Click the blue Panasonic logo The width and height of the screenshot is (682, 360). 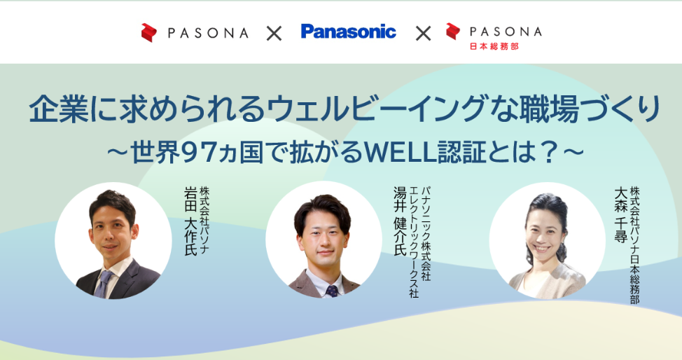click(x=349, y=32)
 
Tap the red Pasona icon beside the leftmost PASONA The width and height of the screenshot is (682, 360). click(x=148, y=33)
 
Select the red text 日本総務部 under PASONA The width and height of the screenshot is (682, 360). click(x=494, y=46)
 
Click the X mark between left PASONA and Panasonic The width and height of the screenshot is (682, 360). click(x=274, y=33)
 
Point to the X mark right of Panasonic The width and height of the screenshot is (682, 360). click(x=423, y=33)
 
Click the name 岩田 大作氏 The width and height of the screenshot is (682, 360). click(x=190, y=221)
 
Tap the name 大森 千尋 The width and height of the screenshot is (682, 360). click(x=620, y=215)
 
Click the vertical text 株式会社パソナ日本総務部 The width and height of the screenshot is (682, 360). click(x=635, y=245)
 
